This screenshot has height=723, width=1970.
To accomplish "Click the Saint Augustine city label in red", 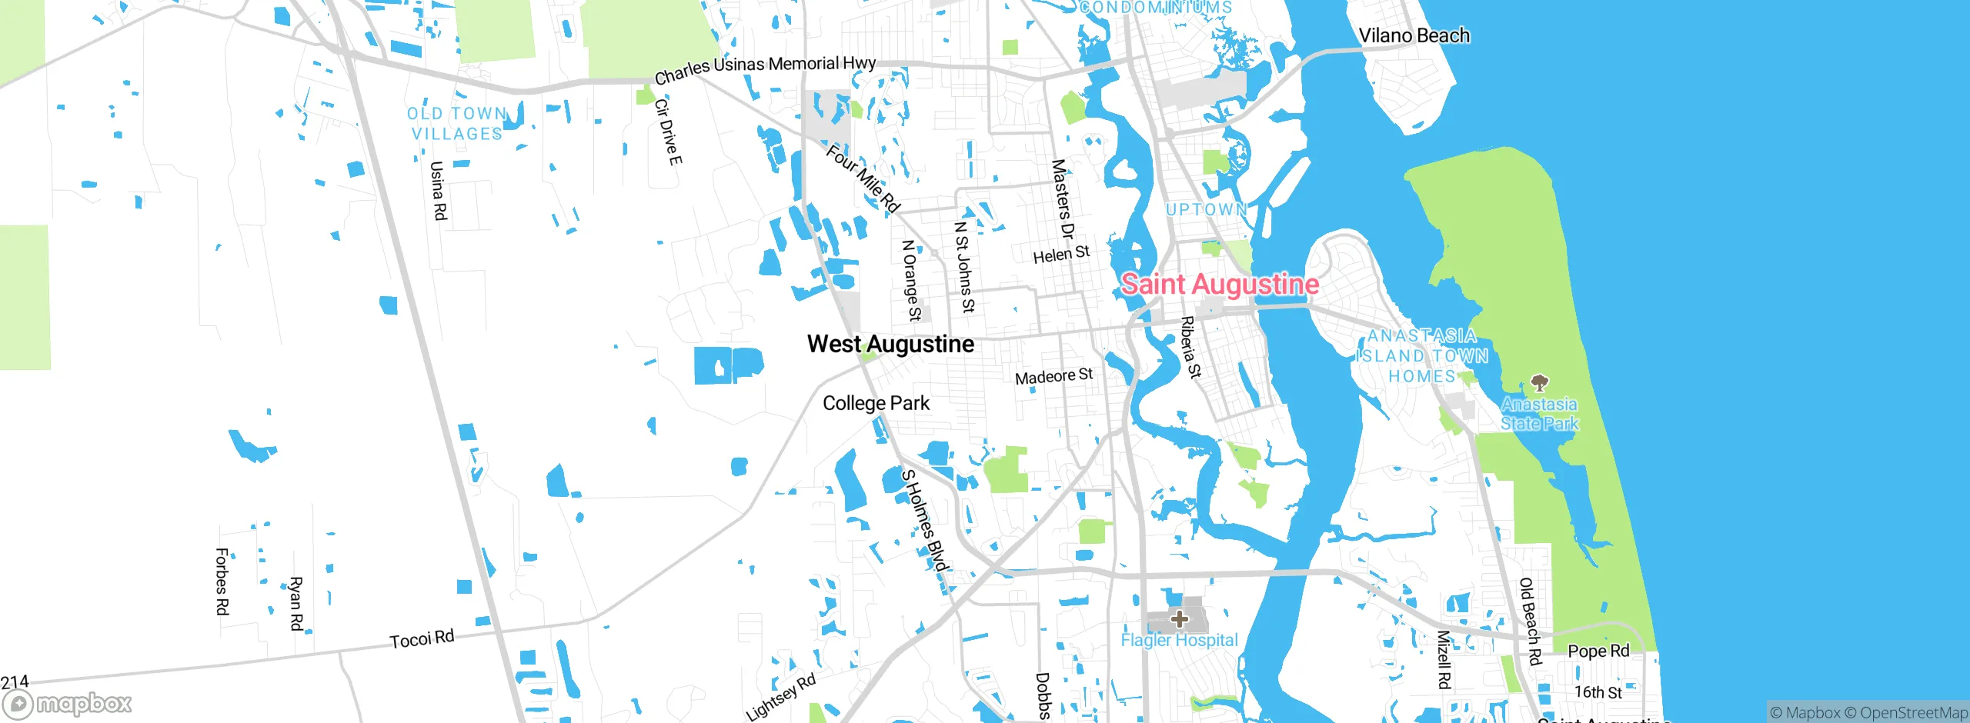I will point(1220,285).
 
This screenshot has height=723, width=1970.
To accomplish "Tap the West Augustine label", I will point(890,344).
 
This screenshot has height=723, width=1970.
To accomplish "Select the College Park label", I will point(876,403).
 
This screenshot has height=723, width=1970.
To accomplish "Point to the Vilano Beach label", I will point(1414,35).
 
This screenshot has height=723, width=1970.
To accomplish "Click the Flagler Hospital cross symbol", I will point(1179,618).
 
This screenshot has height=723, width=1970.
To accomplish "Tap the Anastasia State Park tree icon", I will point(1539,382).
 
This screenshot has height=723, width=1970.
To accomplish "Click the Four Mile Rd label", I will point(863,178).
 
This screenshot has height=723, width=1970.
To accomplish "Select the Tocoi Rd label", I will point(422,638).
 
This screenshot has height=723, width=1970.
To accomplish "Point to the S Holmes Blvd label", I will point(925,520).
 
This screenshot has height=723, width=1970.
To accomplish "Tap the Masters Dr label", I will point(1062,199).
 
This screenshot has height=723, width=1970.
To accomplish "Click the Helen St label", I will point(1061,254).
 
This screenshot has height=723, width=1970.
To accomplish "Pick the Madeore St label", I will point(1053,376).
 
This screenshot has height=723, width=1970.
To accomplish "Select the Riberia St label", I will point(1190,347).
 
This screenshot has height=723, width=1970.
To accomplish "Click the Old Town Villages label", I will point(456,124).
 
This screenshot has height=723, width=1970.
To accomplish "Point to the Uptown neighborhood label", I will point(1206,209).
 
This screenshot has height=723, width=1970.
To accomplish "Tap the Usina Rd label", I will point(438,190).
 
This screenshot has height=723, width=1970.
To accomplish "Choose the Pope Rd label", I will point(1598,651).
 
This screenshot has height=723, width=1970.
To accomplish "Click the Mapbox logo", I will point(68,703).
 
